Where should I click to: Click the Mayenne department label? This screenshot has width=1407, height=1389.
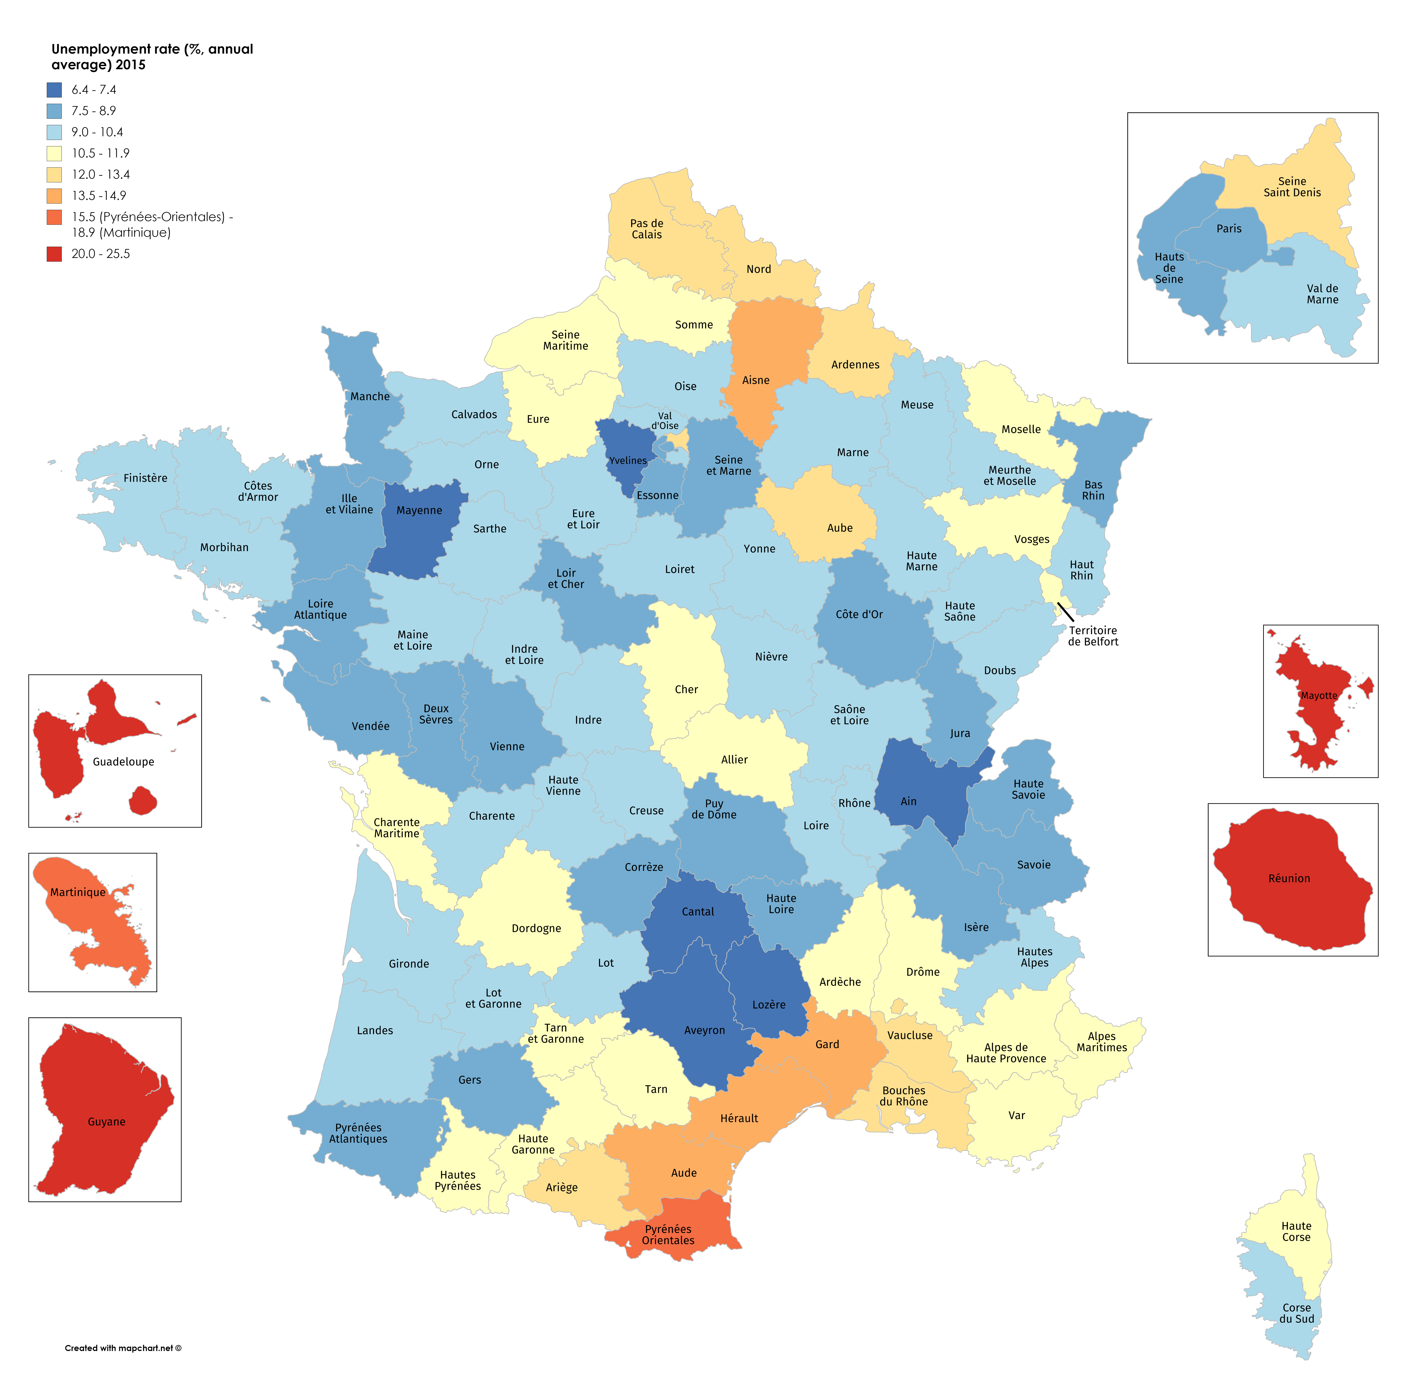click(419, 510)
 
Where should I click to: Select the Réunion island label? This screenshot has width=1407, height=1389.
click(1289, 879)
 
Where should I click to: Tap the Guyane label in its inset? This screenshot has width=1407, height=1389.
click(106, 1122)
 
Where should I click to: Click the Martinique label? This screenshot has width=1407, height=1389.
click(78, 892)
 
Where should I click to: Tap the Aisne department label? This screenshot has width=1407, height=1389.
click(756, 380)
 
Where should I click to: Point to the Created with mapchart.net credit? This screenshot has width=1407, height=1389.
click(123, 1348)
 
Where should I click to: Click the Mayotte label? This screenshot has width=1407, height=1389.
click(1319, 696)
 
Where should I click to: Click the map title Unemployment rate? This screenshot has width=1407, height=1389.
click(152, 57)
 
